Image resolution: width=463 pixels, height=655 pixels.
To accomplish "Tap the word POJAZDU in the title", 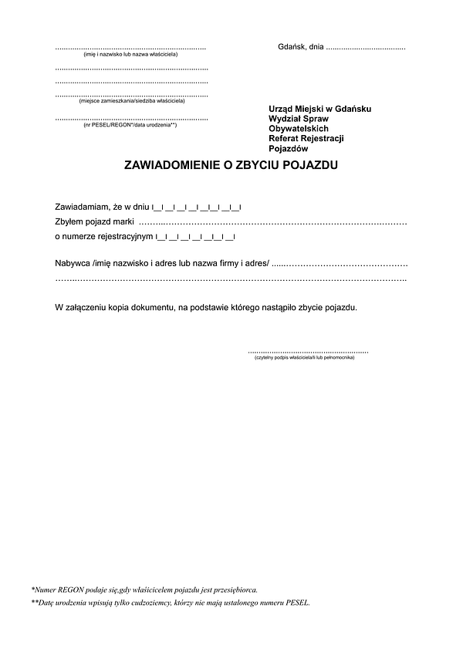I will click(x=310, y=165).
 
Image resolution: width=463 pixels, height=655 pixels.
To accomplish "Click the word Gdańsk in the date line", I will click(x=292, y=47).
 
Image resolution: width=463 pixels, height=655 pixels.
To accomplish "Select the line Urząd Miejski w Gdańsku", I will click(x=320, y=109).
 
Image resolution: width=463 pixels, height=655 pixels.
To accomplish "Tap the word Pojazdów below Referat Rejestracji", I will click(x=289, y=149).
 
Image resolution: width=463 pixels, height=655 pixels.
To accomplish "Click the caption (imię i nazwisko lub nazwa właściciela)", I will click(x=130, y=56).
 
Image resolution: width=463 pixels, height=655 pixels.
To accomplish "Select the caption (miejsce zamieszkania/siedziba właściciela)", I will click(x=132, y=101).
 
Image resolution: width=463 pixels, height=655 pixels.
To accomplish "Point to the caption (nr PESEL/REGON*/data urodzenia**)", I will click(x=130, y=125).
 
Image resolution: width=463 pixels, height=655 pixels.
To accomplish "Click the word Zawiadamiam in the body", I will click(x=83, y=208).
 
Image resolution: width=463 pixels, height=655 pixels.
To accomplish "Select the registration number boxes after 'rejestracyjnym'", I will click(x=195, y=237).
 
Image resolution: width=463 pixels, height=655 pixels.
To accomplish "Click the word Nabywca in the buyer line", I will click(x=72, y=263).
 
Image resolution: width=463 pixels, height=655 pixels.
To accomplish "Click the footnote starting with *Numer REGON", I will click(x=144, y=589).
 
